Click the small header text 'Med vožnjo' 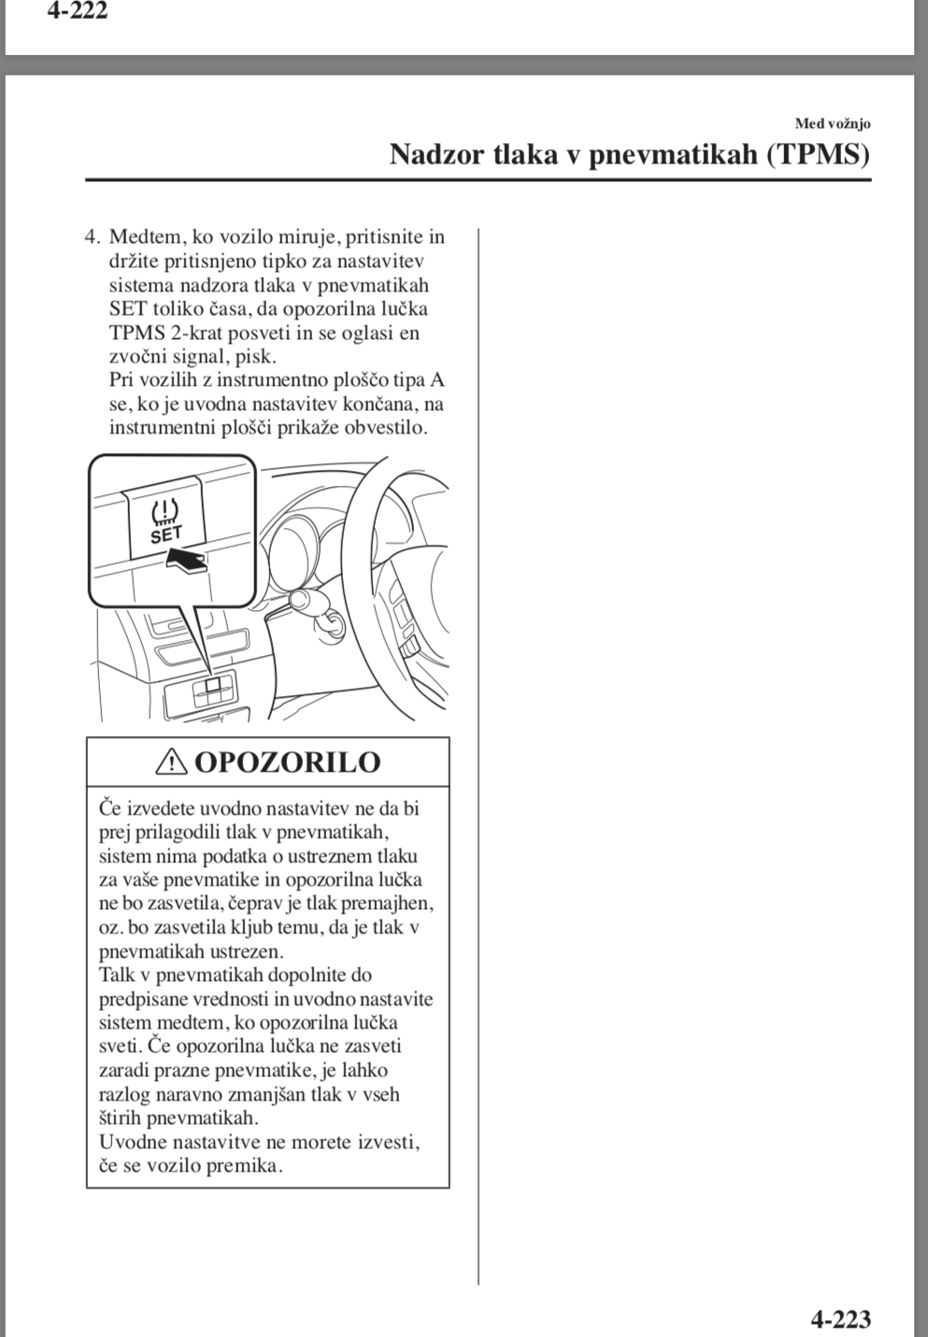[833, 123]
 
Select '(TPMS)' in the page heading [818, 154]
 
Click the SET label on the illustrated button [166, 534]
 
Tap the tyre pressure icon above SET [164, 511]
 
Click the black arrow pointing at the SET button [186, 561]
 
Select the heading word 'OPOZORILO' [287, 762]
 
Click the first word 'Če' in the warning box [110, 808]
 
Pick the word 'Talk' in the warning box [117, 975]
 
